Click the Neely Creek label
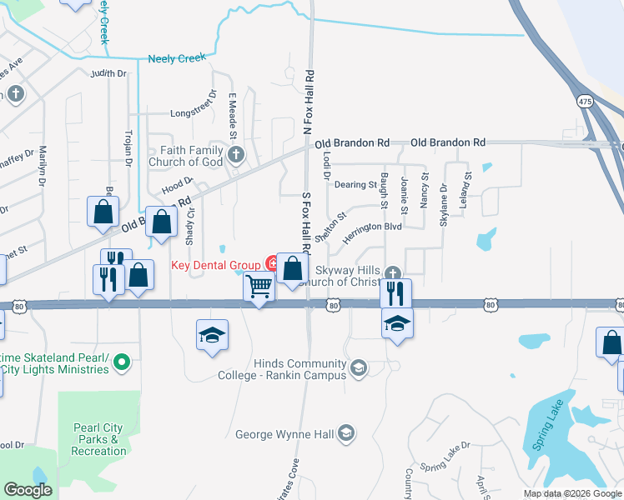click(x=177, y=58)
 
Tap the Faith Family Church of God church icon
click(x=237, y=153)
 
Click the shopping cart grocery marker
click(x=259, y=287)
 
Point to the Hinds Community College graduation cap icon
click(x=359, y=367)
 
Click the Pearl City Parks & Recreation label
click(x=98, y=439)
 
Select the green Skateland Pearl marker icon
click(x=122, y=362)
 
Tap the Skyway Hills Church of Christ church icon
click(x=392, y=272)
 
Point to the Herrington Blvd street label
click(x=375, y=226)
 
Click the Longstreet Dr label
click(x=193, y=111)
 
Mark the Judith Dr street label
click(x=108, y=74)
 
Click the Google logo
click(x=28, y=490)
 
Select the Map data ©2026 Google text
click(x=571, y=493)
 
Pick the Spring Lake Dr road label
click(x=445, y=467)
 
